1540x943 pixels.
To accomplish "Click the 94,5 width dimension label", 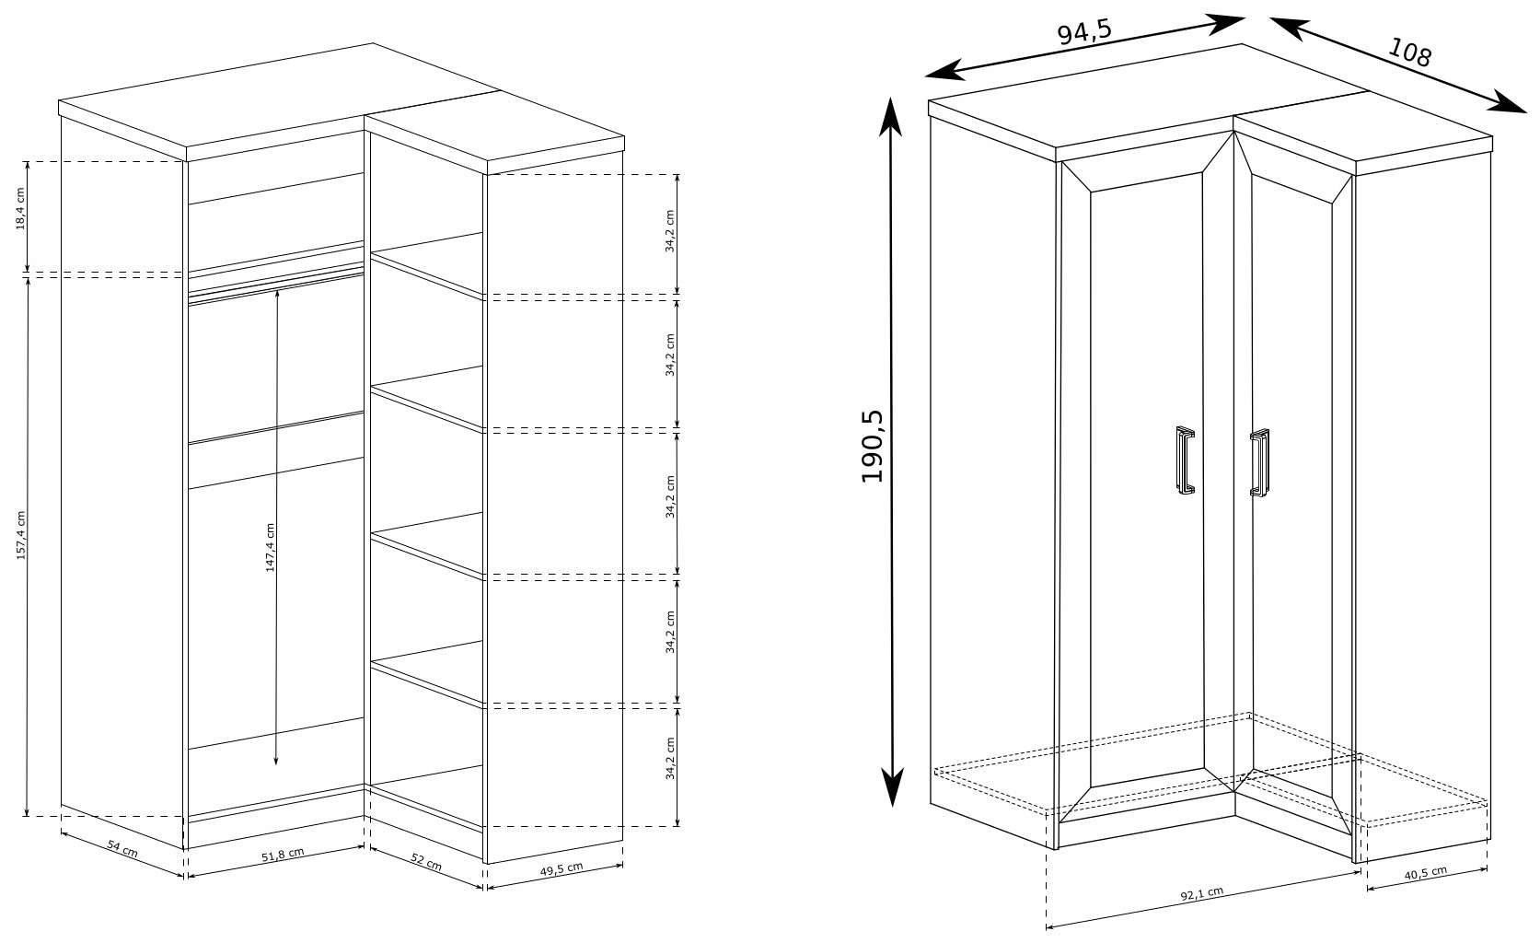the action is click(x=1084, y=32).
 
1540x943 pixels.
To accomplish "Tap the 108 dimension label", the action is click(x=1410, y=52).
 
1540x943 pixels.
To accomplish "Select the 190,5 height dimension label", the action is click(x=873, y=447).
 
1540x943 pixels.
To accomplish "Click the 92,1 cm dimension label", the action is click(x=1202, y=893).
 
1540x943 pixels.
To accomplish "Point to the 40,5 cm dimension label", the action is click(x=1425, y=873).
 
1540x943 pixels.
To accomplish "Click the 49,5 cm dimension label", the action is click(x=561, y=869).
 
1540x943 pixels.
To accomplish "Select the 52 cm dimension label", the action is click(x=426, y=862).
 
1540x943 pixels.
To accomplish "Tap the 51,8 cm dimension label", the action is click(x=283, y=855).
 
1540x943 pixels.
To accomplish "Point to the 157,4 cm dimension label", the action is click(x=20, y=535).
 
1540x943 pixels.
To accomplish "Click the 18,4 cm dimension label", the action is click(x=20, y=208).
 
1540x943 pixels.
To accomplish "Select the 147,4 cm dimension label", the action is click(x=271, y=548).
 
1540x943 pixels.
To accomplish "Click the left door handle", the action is click(x=1186, y=460).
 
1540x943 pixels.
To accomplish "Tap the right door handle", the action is click(x=1259, y=462).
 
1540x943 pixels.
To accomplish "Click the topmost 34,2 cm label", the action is click(x=669, y=232).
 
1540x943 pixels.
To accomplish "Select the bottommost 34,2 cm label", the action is click(x=669, y=759).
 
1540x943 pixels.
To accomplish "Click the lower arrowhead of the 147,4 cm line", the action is click(x=275, y=760).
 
